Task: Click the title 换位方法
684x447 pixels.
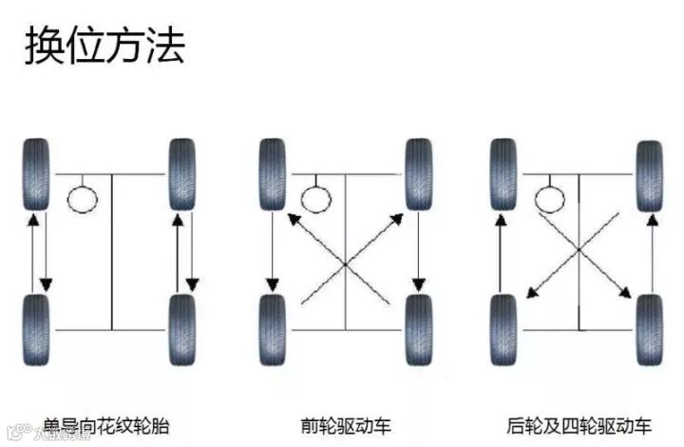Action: point(104,45)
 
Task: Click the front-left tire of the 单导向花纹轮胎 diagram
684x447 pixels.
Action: point(37,175)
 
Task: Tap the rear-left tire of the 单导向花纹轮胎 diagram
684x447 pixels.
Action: point(37,329)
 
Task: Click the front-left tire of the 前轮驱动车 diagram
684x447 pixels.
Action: point(273,175)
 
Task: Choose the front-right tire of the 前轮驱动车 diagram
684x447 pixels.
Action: point(418,175)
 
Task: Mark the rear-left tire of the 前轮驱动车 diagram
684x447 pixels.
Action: point(273,329)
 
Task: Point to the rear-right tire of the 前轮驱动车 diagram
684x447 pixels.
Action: point(418,329)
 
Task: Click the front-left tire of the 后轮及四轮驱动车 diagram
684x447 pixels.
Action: point(503,175)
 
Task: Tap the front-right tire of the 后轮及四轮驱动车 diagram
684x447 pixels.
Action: point(650,175)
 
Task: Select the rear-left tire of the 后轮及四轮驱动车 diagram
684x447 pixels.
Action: point(503,329)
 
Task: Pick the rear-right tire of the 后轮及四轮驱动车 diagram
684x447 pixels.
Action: point(650,329)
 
